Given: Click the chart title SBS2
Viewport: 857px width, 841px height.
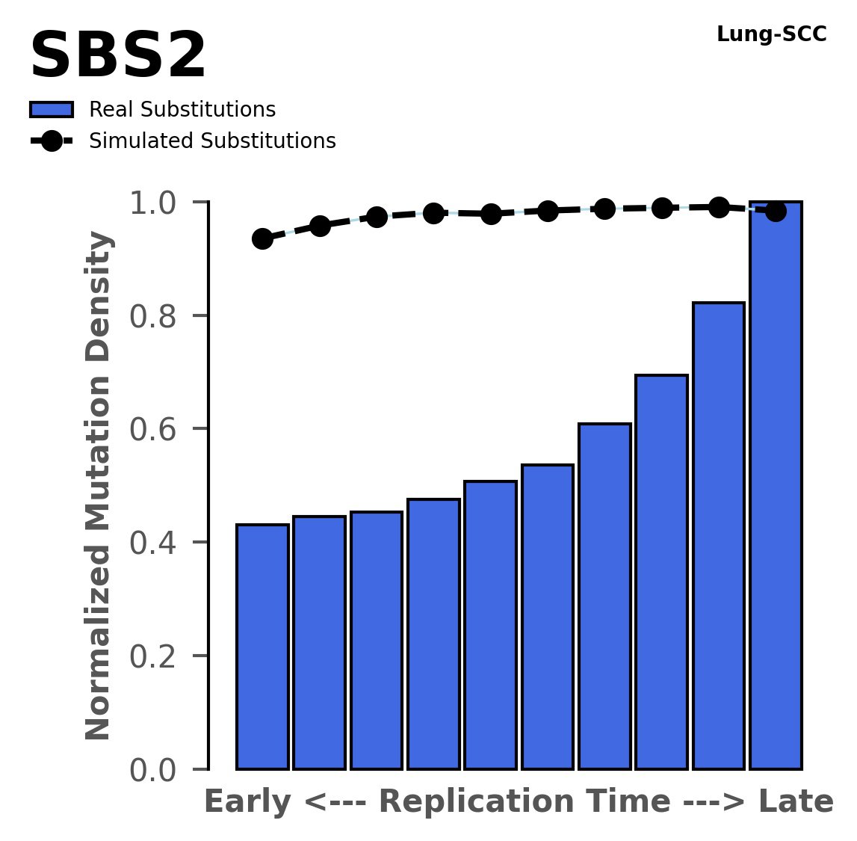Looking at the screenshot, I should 117,57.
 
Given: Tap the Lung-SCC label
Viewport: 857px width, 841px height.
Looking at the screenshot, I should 771,34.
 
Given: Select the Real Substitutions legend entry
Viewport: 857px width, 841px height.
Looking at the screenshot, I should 182,110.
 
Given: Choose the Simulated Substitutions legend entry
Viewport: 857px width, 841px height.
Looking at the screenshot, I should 211,141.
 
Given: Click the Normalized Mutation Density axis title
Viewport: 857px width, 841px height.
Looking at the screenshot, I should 99,486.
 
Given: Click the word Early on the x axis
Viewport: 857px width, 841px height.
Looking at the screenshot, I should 247,802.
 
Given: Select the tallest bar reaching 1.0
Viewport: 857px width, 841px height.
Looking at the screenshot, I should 776,486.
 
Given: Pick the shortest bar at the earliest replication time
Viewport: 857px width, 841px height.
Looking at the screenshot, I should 262,647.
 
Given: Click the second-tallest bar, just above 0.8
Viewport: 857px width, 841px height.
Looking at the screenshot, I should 718,535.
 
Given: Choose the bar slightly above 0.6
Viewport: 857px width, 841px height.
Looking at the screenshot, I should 604,596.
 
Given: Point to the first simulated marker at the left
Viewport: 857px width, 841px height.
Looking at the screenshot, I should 262,238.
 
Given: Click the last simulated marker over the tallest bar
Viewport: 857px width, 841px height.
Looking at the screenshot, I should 776,212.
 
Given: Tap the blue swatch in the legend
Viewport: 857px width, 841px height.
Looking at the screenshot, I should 52,110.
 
